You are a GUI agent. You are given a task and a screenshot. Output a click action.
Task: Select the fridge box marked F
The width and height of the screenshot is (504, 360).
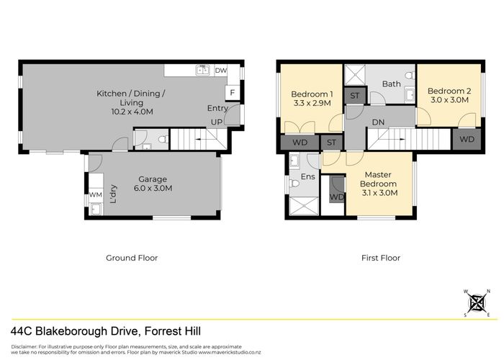point(232,92)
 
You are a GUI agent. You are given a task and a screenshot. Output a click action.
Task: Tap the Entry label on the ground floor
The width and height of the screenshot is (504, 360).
point(217,108)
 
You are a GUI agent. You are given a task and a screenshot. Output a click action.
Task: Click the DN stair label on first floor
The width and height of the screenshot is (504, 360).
point(378,122)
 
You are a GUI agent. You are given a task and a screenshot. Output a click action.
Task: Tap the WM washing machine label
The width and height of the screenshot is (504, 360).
point(95,194)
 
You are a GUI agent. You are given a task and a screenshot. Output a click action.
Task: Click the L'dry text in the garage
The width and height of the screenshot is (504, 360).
point(114,195)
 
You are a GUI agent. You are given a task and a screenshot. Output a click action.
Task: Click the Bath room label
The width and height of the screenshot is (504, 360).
point(392,84)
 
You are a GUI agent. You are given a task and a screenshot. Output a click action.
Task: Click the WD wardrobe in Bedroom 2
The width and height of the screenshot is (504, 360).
point(467,139)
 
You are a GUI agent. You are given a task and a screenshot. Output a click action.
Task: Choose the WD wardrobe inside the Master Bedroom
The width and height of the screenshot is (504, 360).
point(336,197)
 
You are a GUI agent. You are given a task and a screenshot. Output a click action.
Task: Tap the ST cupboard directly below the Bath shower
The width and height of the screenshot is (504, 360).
point(355,96)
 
